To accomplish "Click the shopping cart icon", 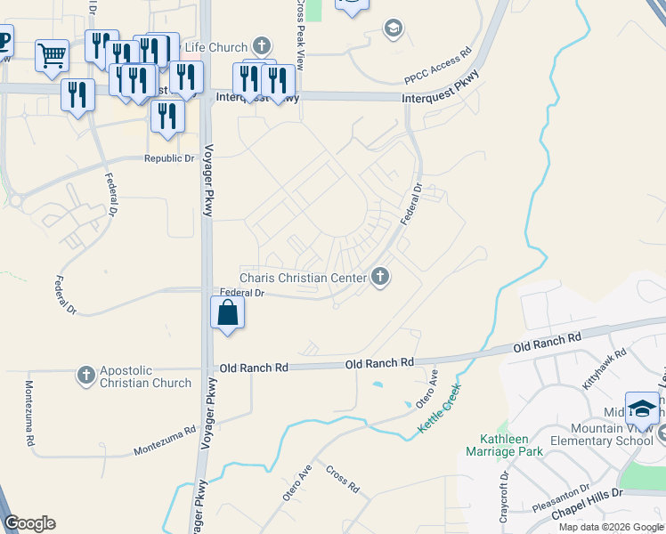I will pos(52,55).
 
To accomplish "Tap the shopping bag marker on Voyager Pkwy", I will pos(228,313).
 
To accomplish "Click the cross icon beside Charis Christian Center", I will pos(380,278).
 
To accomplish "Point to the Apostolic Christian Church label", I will pos(145,376).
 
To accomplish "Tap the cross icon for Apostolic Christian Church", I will pos(86,375).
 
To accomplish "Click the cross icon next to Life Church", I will pos(261,44).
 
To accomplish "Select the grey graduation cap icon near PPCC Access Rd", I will pos(393,29).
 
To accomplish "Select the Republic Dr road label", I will pos(169,158).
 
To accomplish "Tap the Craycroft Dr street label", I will pos(505,498).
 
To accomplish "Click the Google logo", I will pos(30,523).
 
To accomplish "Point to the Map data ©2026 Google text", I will pos(610,527).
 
